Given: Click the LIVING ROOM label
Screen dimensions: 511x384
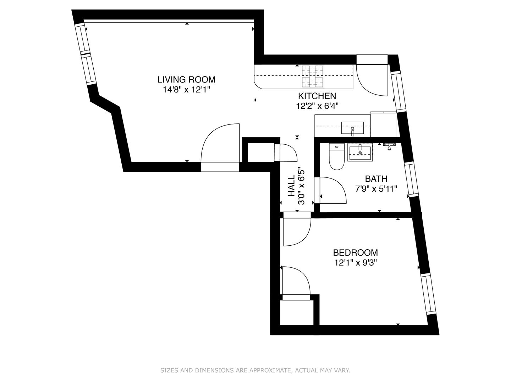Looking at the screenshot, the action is (186, 80).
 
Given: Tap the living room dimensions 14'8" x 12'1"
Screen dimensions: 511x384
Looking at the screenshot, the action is (186, 90).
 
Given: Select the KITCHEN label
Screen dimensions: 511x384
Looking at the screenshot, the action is (317, 96).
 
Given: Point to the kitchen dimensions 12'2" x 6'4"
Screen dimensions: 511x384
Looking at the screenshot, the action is (317, 106).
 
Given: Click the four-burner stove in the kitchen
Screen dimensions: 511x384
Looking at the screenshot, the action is (313, 77).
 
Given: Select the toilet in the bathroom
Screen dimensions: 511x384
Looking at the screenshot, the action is (336, 156).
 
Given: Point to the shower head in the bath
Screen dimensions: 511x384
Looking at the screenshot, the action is (389, 146).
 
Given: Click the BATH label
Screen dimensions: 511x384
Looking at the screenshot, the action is (376, 179).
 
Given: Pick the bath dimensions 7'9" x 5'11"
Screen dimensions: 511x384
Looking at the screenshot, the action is (376, 188).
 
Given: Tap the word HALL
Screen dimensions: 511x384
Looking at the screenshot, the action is (291, 186).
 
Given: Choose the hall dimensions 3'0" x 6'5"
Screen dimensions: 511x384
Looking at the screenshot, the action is (302, 186).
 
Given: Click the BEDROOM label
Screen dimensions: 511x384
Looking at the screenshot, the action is (356, 252).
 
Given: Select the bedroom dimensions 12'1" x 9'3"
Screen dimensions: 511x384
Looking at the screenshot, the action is (356, 263).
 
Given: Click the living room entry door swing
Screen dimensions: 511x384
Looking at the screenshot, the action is (220, 143).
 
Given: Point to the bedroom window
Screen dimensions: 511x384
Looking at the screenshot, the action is (428, 294).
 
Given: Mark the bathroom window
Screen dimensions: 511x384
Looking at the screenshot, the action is (411, 179).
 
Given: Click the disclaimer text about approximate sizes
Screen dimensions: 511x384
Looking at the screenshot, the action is (255, 370).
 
